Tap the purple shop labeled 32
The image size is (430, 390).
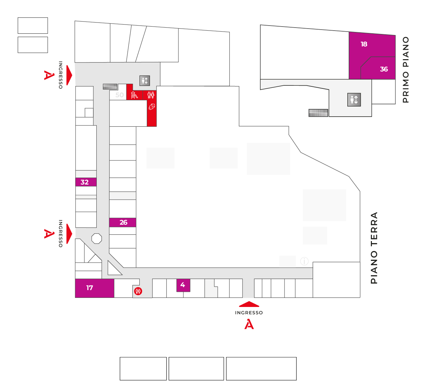86,182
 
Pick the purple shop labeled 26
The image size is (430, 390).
123,223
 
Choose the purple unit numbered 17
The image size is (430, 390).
94,288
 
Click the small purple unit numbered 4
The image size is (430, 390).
183,285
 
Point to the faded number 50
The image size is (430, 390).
119,95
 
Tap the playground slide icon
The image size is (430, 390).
134,95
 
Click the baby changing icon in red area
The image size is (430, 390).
152,107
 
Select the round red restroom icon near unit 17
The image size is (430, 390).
138,291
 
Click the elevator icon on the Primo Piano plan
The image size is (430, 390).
354,100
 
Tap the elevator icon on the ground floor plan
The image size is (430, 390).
145,81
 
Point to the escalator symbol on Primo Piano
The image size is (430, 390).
318,113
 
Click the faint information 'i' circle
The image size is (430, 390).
304,261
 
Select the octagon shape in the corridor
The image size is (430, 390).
97,239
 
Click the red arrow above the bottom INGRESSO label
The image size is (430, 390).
249,304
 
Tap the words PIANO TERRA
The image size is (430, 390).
374,248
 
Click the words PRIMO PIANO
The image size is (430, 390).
406,70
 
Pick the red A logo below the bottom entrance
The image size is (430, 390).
249,324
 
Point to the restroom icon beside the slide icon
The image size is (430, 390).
151,95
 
